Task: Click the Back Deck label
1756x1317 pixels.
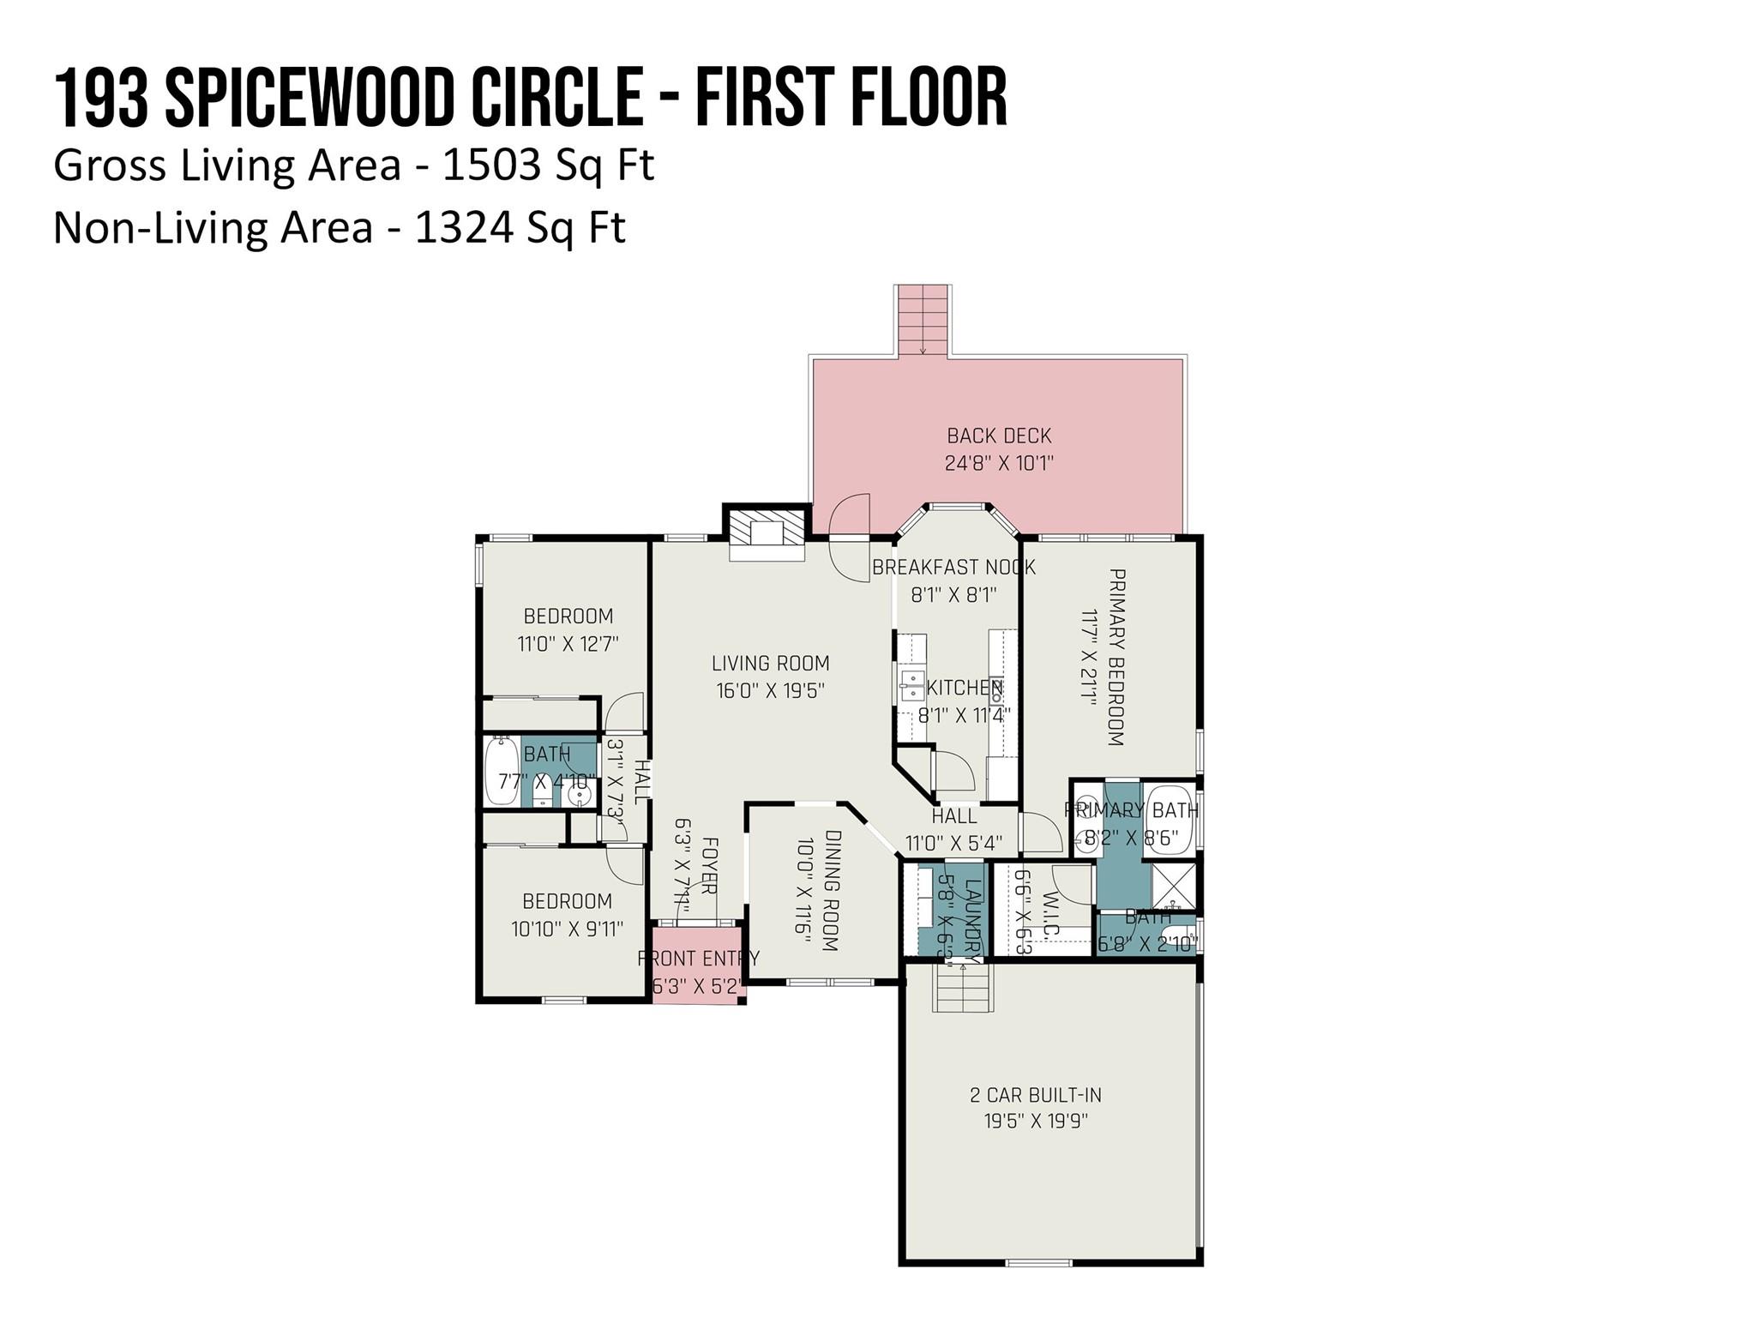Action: [999, 436]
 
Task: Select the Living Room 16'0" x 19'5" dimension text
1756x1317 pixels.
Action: [770, 690]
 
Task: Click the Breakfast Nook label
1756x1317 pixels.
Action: [953, 567]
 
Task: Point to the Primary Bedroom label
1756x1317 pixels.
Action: [1116, 657]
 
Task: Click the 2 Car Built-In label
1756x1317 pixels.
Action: [1035, 1095]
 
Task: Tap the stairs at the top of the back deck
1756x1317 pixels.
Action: [923, 319]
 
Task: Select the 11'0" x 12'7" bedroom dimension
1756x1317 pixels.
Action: [568, 644]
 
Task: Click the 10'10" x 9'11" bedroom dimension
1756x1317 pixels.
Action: [567, 929]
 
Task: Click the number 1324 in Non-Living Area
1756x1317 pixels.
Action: [463, 228]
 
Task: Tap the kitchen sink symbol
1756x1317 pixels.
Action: [911, 686]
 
